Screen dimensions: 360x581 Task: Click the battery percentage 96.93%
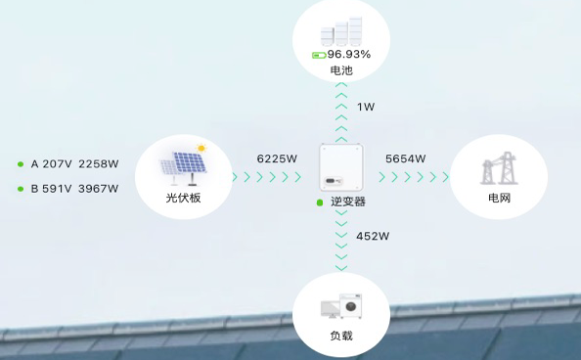click(349, 54)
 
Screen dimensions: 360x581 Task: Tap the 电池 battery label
click(341, 70)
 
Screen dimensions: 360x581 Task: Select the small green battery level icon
click(318, 55)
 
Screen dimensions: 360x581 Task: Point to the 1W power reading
click(365, 107)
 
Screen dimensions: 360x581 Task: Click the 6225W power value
click(276, 157)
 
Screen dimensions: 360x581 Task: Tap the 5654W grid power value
click(405, 157)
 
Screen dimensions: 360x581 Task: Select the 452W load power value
click(373, 236)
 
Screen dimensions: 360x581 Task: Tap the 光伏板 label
click(183, 199)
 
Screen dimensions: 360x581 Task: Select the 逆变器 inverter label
click(347, 202)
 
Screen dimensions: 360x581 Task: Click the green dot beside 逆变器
click(319, 202)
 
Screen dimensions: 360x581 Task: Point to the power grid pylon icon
click(497, 169)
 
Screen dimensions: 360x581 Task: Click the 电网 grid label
click(499, 199)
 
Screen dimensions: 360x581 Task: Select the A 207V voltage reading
click(50, 163)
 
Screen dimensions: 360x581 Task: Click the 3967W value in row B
click(98, 189)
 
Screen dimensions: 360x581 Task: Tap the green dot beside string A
click(21, 164)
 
